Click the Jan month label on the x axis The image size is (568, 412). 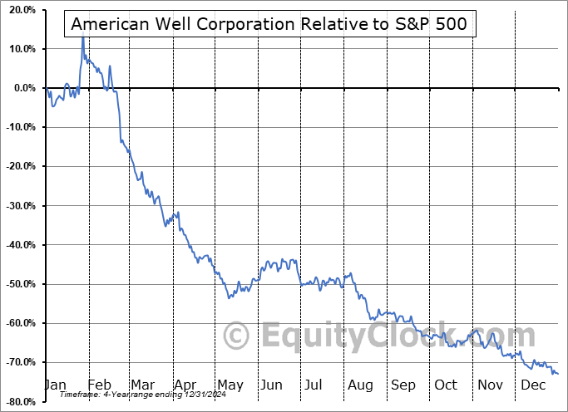54,385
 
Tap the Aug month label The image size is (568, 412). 361,385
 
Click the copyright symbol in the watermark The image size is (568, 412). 238,336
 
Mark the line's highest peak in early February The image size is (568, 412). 82,37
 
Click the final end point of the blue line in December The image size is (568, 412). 558,374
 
